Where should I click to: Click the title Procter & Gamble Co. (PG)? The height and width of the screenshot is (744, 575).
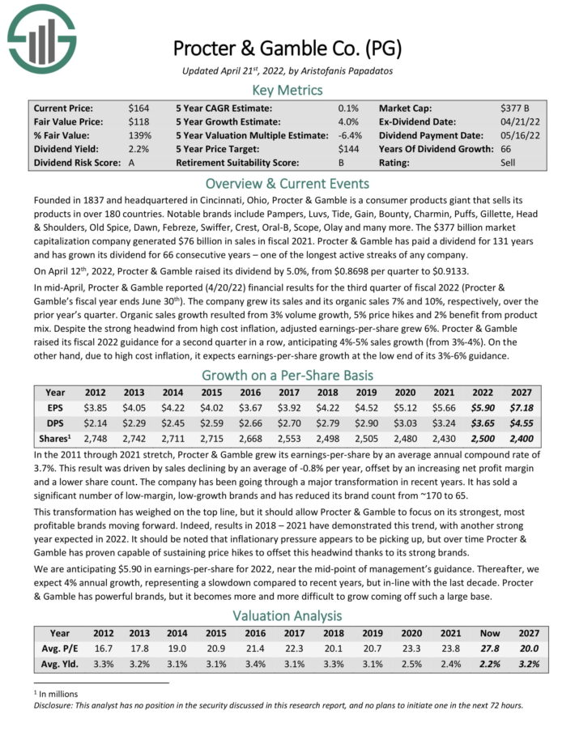pyautogui.click(x=287, y=47)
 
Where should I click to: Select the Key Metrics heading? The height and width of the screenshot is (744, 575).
pyautogui.click(x=287, y=89)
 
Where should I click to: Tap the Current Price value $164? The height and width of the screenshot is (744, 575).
pyautogui.click(x=138, y=108)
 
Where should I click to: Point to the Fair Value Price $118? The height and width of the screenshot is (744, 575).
pyautogui.click(x=138, y=121)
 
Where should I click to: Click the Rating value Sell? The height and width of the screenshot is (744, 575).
pyautogui.click(x=509, y=163)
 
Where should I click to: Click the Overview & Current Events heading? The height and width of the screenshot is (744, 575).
pyautogui.click(x=287, y=183)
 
